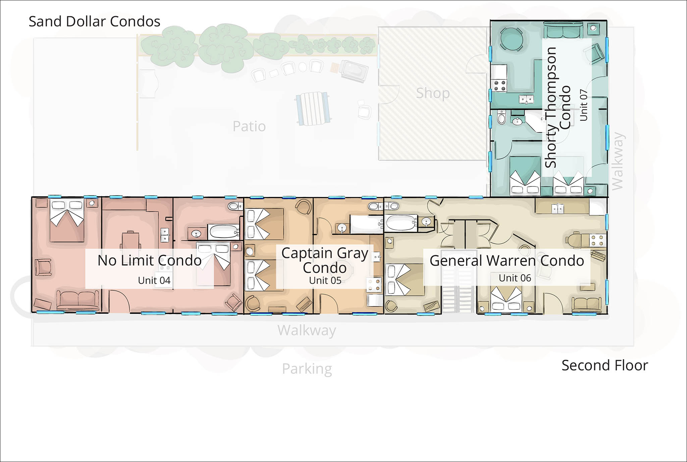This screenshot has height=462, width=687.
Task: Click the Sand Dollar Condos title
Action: [x=95, y=21]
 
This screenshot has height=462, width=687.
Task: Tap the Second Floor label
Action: [x=605, y=365]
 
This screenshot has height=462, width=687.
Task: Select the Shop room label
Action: [x=433, y=94]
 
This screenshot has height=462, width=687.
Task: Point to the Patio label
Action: [x=249, y=126]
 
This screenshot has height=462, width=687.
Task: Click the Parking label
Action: [x=307, y=369]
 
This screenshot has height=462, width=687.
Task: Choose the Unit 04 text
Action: [x=154, y=280]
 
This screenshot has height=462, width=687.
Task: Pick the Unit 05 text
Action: [x=325, y=280]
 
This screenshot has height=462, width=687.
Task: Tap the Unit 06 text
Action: [x=515, y=278]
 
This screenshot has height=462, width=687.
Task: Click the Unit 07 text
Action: [x=584, y=105]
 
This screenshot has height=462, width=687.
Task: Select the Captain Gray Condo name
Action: [x=325, y=261]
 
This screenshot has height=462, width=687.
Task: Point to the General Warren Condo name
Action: [x=507, y=261]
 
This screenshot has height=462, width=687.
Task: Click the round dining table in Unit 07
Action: [x=511, y=39]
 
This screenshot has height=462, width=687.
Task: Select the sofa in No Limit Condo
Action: [x=78, y=300]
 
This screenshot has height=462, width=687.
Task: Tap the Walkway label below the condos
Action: [x=307, y=331]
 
